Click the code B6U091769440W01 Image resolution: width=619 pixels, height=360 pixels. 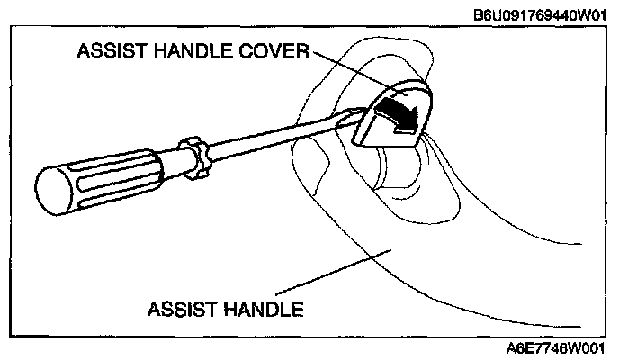coord(543,14)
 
